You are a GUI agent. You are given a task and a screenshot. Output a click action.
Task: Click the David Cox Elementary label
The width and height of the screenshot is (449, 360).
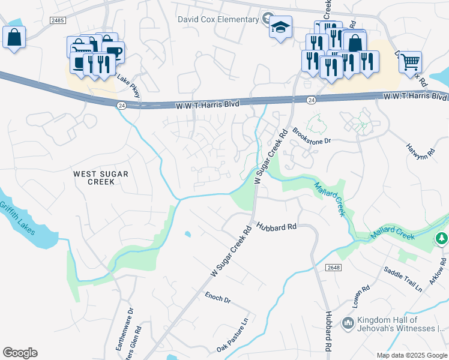pos(217,19)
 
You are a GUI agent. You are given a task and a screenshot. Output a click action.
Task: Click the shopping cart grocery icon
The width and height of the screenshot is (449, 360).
pos(410,61)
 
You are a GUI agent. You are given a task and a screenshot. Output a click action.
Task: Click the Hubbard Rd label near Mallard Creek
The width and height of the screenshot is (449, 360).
pos(277,227)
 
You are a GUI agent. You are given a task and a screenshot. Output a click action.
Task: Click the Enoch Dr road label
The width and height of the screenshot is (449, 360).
pos(218,297)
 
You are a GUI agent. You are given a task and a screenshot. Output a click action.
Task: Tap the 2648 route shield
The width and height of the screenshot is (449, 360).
pos(334,266)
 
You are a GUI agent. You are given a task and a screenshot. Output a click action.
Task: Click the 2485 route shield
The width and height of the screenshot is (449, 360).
pos(58,20)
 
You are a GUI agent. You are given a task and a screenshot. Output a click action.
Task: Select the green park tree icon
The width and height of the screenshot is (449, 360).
pos(442,239)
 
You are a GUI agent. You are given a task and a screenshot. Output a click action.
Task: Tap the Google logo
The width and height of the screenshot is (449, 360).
pos(20,353)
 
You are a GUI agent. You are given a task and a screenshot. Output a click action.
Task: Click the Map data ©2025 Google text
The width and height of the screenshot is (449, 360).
pos(412,355)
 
